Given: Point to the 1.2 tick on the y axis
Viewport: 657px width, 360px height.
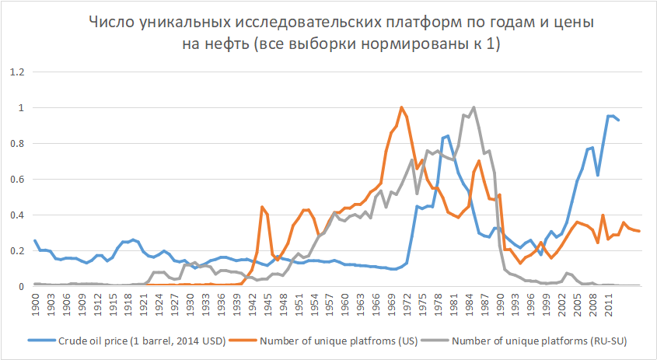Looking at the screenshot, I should pos(16,72).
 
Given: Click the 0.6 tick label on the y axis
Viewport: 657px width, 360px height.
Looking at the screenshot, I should pos(16,180).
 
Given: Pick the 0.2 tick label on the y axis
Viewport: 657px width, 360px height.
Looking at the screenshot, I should pos(16,251).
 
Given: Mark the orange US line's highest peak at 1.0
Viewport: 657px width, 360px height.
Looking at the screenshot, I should pos(401,107).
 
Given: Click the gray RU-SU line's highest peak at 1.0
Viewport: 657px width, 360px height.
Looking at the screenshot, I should pos(474,107).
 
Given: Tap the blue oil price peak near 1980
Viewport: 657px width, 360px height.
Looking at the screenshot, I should pos(448,136).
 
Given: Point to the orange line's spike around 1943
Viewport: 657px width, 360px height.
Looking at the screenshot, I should pos(262,207).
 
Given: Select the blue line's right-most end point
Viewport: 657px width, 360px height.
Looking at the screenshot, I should pos(619,120).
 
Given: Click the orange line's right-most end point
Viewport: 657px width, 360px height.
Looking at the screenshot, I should pos(640,231).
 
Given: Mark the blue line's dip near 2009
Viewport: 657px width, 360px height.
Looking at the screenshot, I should pos(598,175).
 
